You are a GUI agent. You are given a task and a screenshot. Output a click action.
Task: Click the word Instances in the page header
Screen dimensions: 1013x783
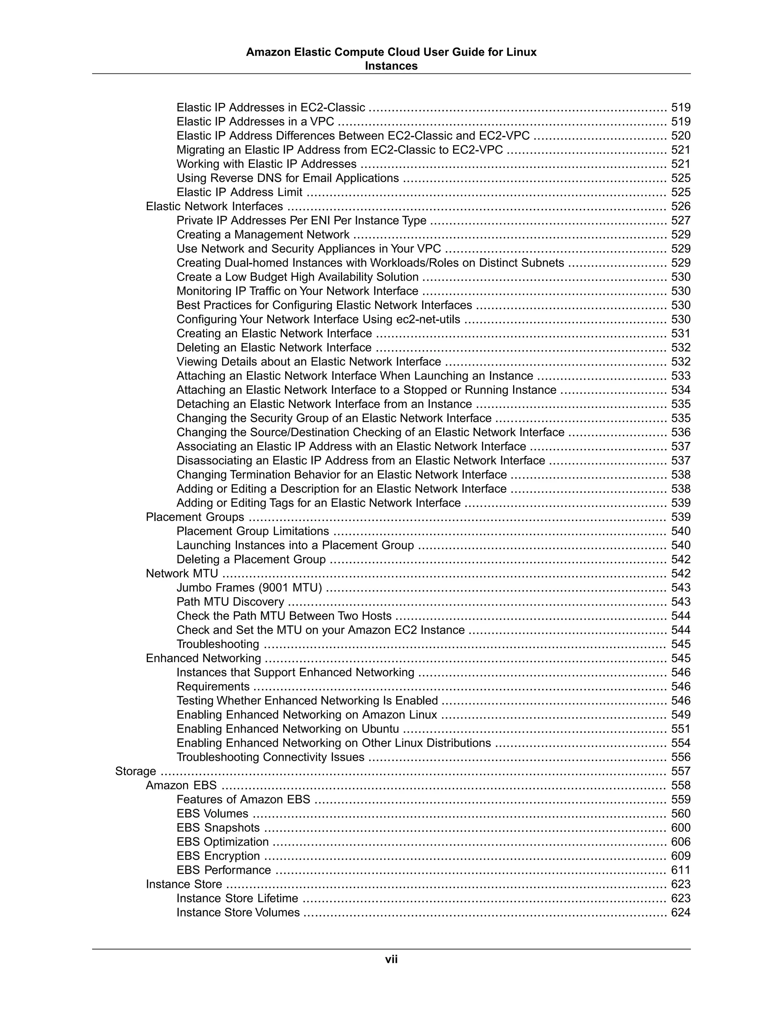pyautogui.click(x=391, y=66)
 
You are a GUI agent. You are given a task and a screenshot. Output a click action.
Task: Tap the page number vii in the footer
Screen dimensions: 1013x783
pyautogui.click(x=391, y=959)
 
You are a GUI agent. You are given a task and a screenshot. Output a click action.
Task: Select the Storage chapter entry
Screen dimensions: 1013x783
pyautogui.click(x=135, y=771)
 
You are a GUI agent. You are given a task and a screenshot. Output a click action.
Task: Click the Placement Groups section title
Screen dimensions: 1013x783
pyautogui.click(x=195, y=517)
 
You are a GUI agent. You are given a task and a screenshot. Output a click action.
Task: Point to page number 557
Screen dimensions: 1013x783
pyautogui.click(x=681, y=771)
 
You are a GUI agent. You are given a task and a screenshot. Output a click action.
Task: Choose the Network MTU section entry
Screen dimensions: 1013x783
pyautogui.click(x=182, y=573)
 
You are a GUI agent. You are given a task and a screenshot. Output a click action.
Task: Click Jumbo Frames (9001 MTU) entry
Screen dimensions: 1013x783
pyautogui.click(x=249, y=587)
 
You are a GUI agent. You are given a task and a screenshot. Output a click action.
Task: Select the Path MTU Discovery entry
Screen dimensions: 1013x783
pyautogui.click(x=230, y=602)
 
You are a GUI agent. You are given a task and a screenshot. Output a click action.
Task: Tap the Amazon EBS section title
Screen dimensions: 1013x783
pyautogui.click(x=181, y=785)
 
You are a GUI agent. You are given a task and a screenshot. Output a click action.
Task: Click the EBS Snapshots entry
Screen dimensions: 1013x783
pyautogui.click(x=218, y=828)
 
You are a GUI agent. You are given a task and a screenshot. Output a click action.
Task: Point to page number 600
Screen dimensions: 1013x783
pyautogui.click(x=681, y=828)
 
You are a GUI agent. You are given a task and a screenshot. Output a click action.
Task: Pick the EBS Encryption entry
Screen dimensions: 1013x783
pyautogui.click(x=218, y=856)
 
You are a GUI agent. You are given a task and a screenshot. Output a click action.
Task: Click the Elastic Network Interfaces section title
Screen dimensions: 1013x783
pyautogui.click(x=214, y=206)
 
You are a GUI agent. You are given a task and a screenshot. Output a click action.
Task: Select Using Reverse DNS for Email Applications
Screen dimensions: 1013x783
pyautogui.click(x=288, y=178)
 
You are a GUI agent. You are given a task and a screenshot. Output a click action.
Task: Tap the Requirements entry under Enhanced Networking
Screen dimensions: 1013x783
pyautogui.click(x=213, y=686)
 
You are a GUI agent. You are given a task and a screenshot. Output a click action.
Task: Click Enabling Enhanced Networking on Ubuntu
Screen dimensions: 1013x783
pyautogui.click(x=288, y=729)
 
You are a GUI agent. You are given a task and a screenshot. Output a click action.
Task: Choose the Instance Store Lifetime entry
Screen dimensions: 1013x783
pyautogui.click(x=237, y=898)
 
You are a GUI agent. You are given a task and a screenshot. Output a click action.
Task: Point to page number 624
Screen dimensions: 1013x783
pyautogui.click(x=681, y=912)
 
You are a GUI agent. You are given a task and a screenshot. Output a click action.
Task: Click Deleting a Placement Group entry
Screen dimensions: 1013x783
pyautogui.click(x=251, y=559)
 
